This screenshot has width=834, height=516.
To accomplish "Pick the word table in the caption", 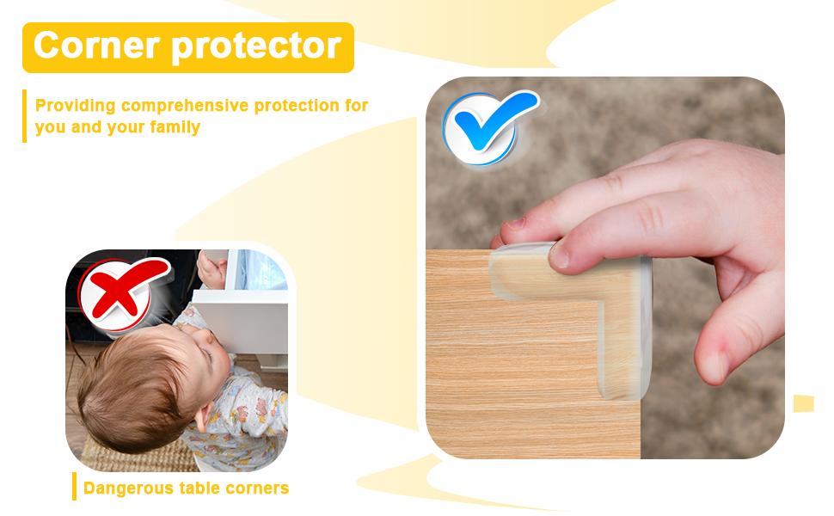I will (206, 488).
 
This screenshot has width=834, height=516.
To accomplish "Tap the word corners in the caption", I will (261, 488).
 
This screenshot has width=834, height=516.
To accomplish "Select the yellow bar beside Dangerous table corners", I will (74, 487).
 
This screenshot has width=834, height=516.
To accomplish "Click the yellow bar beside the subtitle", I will (25, 116).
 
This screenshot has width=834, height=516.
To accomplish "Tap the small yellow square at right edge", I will (803, 403).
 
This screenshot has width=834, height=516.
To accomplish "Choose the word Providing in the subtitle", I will (75, 106).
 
